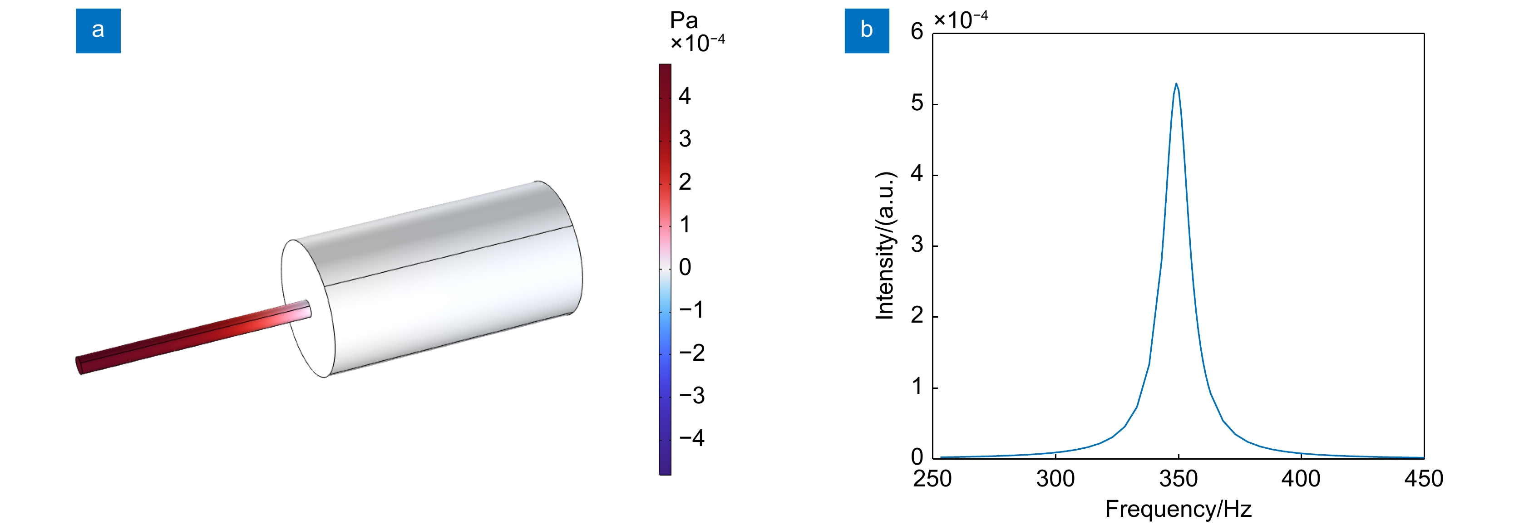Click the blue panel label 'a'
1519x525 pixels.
(98, 31)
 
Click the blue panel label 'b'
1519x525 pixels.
(866, 31)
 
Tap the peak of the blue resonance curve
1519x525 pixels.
(1176, 83)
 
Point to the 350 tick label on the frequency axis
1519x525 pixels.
(1178, 478)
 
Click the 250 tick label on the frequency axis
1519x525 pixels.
(932, 478)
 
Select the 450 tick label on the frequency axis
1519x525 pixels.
(1424, 478)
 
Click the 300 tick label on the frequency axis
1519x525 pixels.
(1055, 478)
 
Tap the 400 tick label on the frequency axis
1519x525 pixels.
(1301, 478)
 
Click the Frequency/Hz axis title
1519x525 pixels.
(1178, 509)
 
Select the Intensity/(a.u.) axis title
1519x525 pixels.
(885, 245)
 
